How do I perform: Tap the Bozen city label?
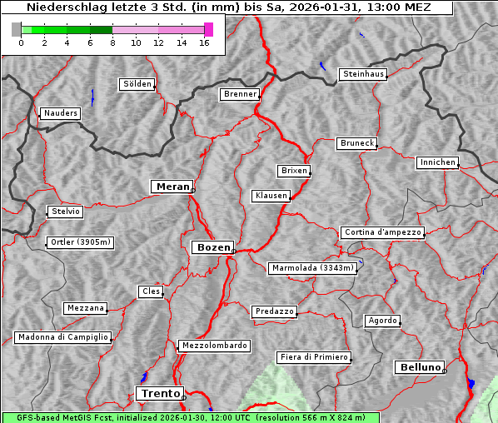coord(212,247)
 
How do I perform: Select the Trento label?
coord(159,393)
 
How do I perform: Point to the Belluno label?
coord(420,366)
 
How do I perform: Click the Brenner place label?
coord(241,94)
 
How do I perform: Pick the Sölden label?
coord(137,84)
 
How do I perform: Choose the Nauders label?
coord(61,113)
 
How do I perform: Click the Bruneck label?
coord(357,143)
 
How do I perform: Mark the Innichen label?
coord(437,162)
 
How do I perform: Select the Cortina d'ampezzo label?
coord(382,232)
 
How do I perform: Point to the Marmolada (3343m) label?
coord(313,268)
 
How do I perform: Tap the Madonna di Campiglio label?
coord(62,337)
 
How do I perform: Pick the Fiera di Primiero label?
coord(314,357)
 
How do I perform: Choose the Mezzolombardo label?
coord(213,345)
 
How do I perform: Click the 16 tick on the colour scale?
coord(204,43)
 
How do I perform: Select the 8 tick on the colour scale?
coord(112,43)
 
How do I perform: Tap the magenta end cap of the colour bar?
coord(208,29)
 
